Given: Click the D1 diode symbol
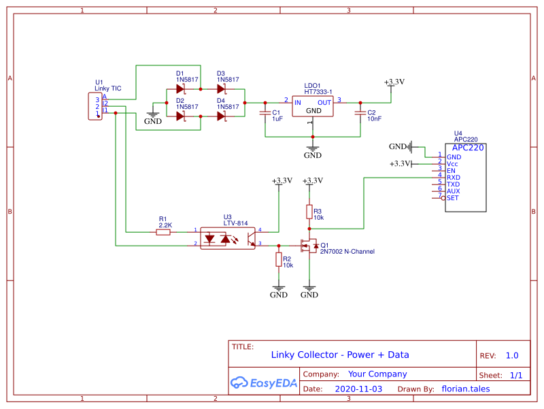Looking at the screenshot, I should pyautogui.click(x=181, y=88).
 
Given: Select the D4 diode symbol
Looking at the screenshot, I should pyautogui.click(x=222, y=116).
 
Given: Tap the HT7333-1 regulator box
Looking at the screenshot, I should pyautogui.click(x=313, y=106).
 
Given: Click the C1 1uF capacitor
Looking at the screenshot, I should pyautogui.click(x=265, y=114).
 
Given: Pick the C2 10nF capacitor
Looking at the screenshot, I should pyautogui.click(x=360, y=114).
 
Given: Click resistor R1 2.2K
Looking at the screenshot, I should pyautogui.click(x=163, y=232).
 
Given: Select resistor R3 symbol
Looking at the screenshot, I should pyautogui.click(x=309, y=212).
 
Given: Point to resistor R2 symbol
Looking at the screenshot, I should pyautogui.click(x=278, y=259).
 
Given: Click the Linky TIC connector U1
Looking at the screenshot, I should pyautogui.click(x=95, y=107).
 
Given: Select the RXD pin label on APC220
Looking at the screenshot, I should pyautogui.click(x=453, y=178).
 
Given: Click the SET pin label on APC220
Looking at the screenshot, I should pyautogui.click(x=453, y=198).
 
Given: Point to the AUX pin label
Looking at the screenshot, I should pyautogui.click(x=453, y=191).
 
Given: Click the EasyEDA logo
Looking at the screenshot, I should pyautogui.click(x=264, y=382).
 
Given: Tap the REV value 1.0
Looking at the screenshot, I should pyautogui.click(x=511, y=355).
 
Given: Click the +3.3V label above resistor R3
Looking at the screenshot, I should pyautogui.click(x=311, y=180).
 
